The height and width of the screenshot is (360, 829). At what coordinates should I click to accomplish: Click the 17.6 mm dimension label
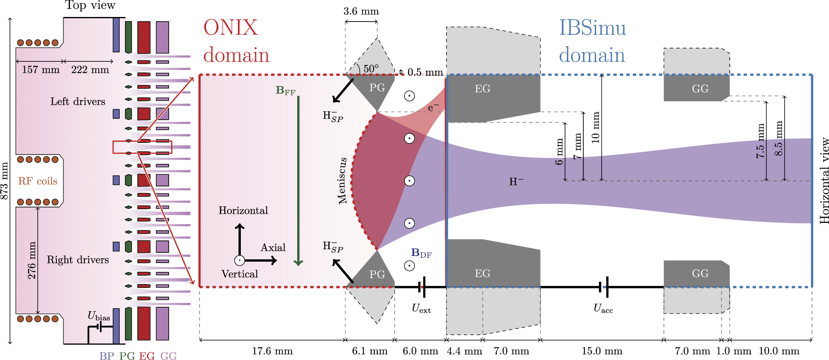coord(272,351)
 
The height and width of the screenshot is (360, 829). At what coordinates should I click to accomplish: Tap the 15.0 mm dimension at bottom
coord(601,351)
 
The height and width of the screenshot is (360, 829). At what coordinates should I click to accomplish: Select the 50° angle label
coord(371,68)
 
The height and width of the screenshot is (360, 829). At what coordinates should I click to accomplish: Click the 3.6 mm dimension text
coord(361,11)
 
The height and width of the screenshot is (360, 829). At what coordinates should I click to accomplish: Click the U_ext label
coord(421,309)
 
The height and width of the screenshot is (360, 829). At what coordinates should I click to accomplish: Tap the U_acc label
coord(603,309)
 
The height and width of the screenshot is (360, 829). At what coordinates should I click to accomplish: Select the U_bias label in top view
coord(99,316)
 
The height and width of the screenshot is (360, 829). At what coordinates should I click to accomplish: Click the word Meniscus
coord(342,181)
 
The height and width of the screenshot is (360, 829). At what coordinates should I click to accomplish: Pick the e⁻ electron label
coord(433,108)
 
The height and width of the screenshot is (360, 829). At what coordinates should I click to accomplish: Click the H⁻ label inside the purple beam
coord(516,181)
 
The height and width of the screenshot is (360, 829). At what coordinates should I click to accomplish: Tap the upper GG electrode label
coord(700,89)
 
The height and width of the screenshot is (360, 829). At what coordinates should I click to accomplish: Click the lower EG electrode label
coord(482,273)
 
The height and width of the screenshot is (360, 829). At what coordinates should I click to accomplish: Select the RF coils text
coord(38,181)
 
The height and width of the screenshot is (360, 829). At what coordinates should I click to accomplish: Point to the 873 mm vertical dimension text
coord(4,181)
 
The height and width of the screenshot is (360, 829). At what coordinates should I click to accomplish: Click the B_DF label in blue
coord(421,253)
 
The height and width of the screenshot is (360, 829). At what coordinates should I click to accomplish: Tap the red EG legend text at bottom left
coord(147,356)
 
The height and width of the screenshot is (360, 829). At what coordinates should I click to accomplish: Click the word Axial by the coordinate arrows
coord(273,248)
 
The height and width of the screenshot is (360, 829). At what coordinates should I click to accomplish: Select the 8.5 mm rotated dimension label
coord(779,138)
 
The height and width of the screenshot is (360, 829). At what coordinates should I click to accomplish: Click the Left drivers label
coord(78,101)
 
